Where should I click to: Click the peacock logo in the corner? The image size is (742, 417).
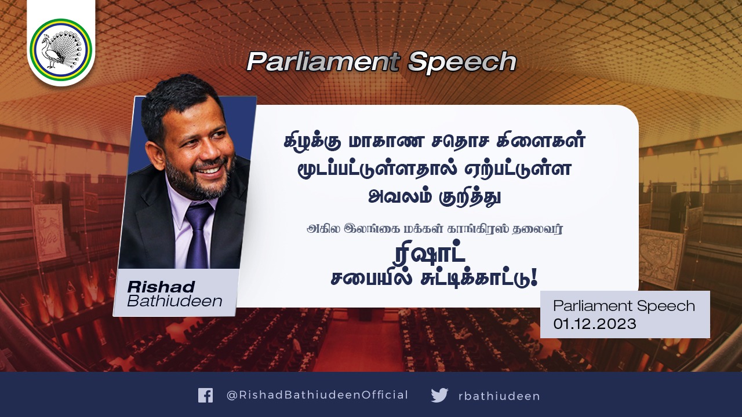(61, 48)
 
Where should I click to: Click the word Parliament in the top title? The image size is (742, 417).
(323, 62)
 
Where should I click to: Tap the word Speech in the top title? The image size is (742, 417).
(462, 63)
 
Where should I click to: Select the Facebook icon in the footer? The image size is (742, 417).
(205, 395)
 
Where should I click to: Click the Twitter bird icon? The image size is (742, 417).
(439, 395)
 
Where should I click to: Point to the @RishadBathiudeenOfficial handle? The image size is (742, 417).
(317, 395)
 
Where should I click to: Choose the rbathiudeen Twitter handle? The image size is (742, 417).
(499, 396)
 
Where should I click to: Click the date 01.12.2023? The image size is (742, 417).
(595, 324)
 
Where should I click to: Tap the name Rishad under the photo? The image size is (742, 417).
(161, 287)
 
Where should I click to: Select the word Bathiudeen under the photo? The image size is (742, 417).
(174, 301)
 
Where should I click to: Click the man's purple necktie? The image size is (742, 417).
(198, 235)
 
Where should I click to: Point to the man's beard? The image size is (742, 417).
(199, 179)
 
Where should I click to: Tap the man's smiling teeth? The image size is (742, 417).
(209, 171)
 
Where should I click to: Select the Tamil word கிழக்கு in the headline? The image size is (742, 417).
(313, 141)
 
